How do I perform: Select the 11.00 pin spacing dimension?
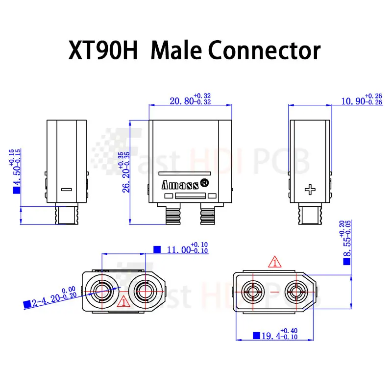pos(179,249)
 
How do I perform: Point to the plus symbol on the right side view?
pos(309,189)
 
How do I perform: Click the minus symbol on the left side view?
pos(67,189)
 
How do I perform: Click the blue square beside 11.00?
pos(157,249)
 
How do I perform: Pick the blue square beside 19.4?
pos(255,336)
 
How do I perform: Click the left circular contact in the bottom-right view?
pos(253,292)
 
